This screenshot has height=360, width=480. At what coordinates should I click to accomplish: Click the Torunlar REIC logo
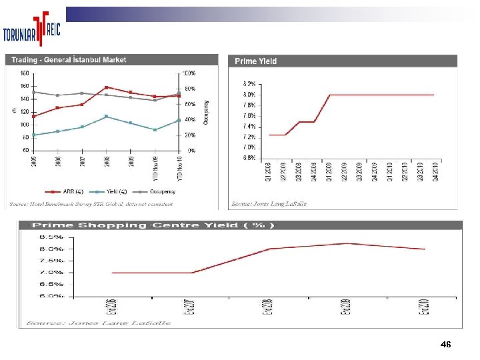(33, 30)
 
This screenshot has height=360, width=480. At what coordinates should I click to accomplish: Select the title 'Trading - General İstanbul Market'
(69, 60)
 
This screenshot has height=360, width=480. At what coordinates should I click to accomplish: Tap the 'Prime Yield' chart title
(255, 61)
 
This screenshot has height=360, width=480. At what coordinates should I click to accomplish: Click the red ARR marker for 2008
(107, 87)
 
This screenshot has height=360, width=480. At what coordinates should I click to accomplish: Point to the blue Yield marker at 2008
(107, 117)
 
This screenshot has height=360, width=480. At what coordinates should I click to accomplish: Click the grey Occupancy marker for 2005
(33, 92)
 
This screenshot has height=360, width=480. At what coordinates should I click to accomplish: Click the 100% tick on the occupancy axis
(190, 73)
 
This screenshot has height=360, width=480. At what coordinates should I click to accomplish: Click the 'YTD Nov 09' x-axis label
(155, 167)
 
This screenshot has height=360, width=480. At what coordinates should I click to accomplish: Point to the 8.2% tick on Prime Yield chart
(248, 84)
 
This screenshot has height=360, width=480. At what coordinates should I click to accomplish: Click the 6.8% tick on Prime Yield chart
(248, 158)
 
